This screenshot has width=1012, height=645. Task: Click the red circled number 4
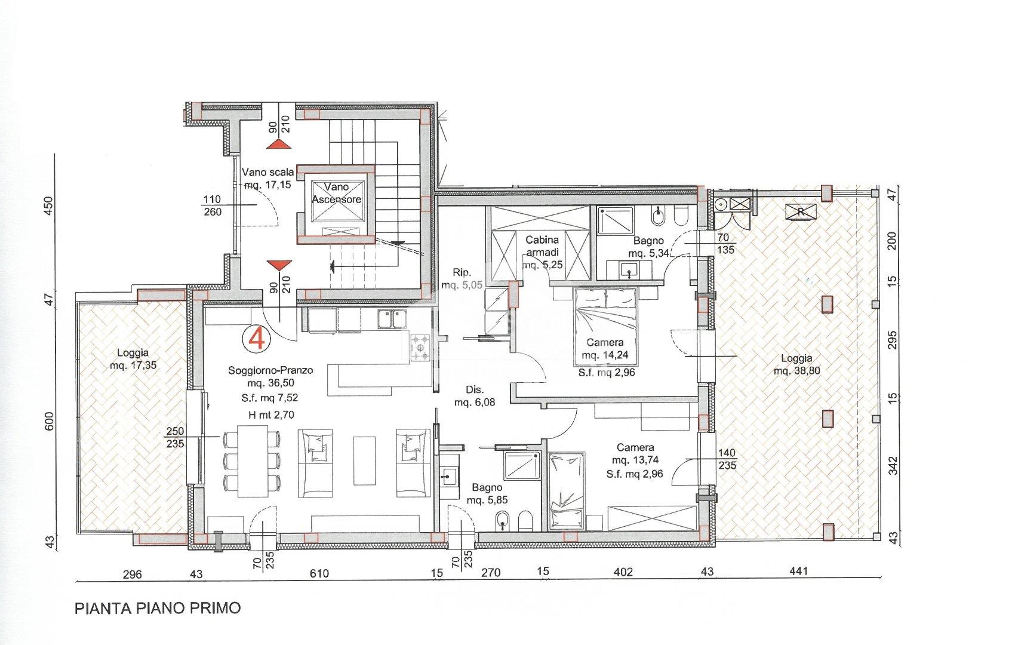coord(256,339)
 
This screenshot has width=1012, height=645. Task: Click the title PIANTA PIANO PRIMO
coord(158,608)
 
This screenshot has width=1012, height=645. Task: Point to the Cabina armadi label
coord(542,246)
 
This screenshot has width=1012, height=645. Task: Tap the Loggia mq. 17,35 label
coord(133,359)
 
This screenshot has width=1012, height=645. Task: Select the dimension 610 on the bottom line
coord(319,573)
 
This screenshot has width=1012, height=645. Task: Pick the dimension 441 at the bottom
coord(798,572)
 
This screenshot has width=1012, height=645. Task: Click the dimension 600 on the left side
coord(49,421)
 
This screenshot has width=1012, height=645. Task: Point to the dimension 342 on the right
coord(893,466)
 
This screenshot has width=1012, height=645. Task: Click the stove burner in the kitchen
coord(421,347)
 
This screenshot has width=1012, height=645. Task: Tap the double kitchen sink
coord(392,320)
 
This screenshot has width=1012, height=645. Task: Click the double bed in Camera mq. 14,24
coord(605,327)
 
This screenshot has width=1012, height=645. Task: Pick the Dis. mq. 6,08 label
coord(475,395)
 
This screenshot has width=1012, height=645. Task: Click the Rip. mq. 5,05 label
coord(462,278)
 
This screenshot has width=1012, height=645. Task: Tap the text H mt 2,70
coord(271,414)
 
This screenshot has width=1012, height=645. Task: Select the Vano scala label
coord(268,172)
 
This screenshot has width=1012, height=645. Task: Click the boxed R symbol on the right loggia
coord(801,211)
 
